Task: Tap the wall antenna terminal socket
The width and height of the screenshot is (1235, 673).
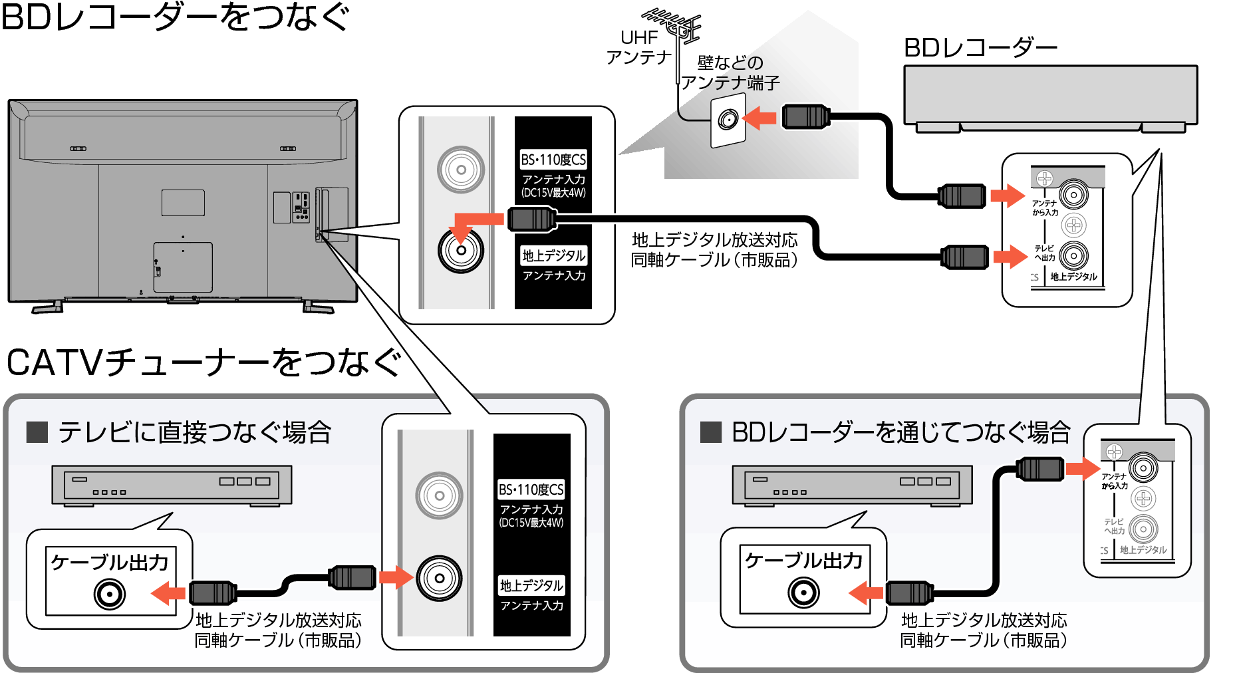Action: [728, 120]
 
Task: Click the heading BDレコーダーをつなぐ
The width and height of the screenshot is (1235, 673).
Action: [174, 17]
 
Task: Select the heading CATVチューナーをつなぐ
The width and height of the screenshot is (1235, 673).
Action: [204, 363]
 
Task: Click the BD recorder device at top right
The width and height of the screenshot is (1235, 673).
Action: [1050, 96]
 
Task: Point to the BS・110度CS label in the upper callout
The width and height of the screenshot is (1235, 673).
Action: [553, 160]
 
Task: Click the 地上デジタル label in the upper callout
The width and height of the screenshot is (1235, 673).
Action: [553, 255]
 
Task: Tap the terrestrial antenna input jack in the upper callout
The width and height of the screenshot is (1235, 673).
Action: [461, 251]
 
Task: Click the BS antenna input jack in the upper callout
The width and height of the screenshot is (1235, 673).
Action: [461, 170]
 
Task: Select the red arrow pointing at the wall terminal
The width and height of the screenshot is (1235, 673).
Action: [759, 119]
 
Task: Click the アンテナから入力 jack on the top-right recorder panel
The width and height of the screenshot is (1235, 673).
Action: [1073, 196]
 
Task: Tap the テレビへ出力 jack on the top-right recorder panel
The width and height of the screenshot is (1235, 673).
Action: [1073, 255]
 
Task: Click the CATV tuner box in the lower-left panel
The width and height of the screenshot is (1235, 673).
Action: [172, 485]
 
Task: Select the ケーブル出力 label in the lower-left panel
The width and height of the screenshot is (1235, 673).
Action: [110, 563]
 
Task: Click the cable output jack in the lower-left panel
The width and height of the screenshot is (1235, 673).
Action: [110, 594]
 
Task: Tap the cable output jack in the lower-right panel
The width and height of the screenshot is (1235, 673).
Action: [803, 593]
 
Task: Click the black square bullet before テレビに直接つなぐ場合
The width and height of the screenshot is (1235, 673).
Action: [37, 432]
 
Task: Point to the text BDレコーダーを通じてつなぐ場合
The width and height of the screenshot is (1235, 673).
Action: [900, 432]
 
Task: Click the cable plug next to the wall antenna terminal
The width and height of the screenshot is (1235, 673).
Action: [805, 117]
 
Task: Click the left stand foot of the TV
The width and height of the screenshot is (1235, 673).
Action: [48, 308]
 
